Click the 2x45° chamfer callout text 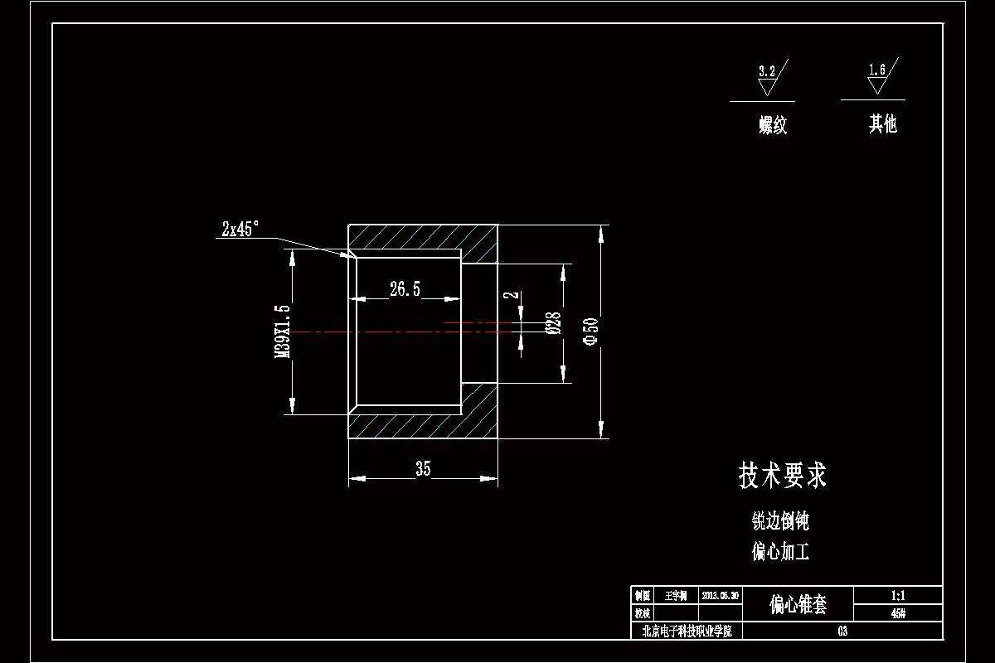coord(240,230)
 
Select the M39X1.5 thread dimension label coord(284,331)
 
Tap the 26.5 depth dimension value coord(405,288)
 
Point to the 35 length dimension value coord(423,469)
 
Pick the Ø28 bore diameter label coord(555,323)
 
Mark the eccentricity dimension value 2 coord(513,294)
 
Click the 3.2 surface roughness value coord(767,71)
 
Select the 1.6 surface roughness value coord(877,70)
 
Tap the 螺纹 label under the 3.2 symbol coord(773,126)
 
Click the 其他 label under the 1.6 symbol coord(883,125)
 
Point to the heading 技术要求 coord(782,476)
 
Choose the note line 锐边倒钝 coord(780,521)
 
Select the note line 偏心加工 coord(780,551)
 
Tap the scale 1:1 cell coord(897,596)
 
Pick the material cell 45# coord(897,614)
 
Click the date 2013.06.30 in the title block coord(720,596)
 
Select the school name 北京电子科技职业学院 coord(687,632)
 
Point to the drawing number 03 coord(842,632)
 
